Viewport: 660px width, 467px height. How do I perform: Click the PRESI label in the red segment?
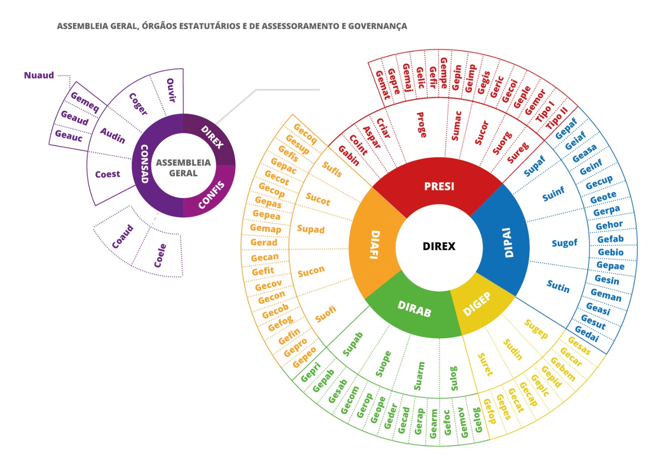[x=439, y=187]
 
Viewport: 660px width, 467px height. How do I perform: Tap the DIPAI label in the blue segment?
[x=508, y=243]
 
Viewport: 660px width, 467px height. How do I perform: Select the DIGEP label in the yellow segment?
[x=477, y=304]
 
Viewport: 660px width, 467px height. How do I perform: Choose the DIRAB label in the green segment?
[x=414, y=309]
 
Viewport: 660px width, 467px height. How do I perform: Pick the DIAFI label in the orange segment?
[x=375, y=245]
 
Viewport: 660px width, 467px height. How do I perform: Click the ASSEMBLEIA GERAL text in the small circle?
[x=183, y=168]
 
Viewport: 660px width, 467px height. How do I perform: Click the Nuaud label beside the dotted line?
[x=39, y=76]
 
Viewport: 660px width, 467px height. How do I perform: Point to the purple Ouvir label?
[x=171, y=90]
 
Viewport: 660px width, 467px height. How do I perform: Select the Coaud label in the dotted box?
[x=123, y=237]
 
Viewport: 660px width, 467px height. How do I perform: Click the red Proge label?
[x=421, y=125]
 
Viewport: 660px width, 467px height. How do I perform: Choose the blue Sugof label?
[x=564, y=243]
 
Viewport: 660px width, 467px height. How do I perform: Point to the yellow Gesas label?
[x=579, y=346]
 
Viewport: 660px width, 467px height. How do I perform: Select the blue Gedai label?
[x=586, y=334]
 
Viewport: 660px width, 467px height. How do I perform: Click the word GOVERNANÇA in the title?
[x=377, y=26]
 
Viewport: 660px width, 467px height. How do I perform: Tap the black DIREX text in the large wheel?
[x=439, y=247]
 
